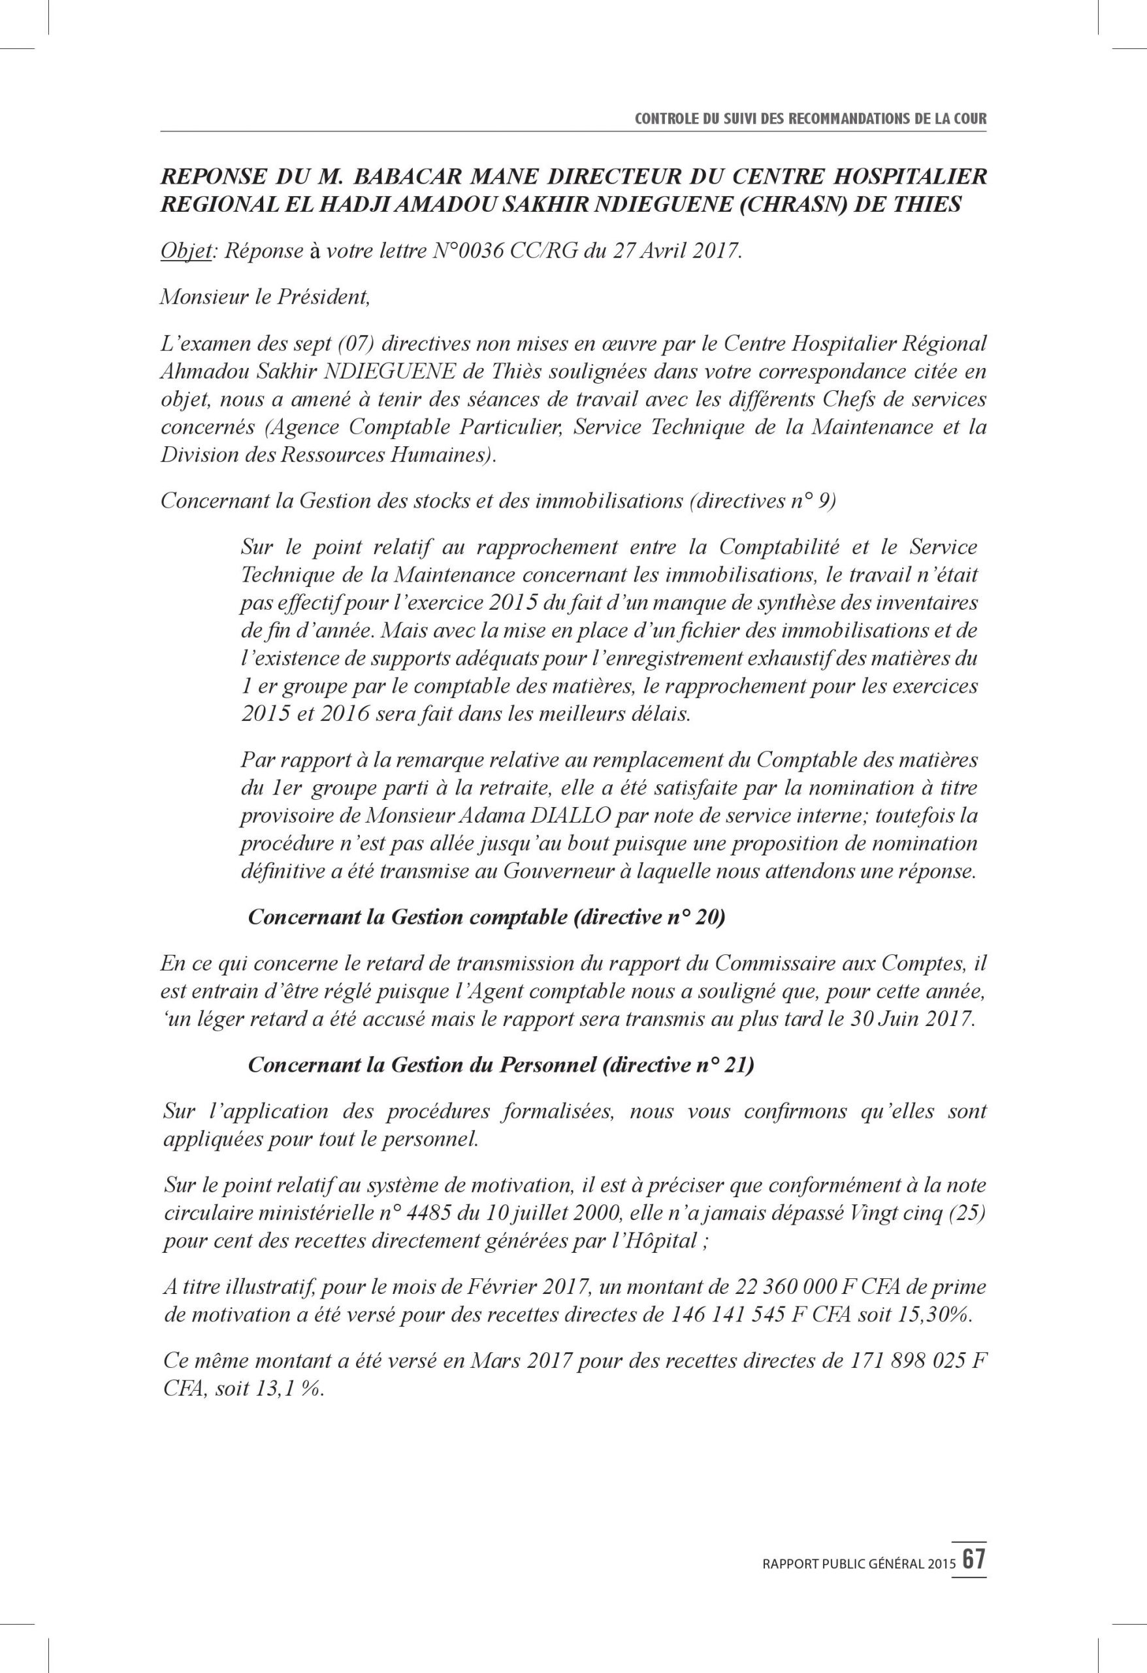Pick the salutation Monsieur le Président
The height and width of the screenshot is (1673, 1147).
pyautogui.click(x=265, y=297)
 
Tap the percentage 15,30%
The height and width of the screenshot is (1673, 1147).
pyautogui.click(x=935, y=1314)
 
